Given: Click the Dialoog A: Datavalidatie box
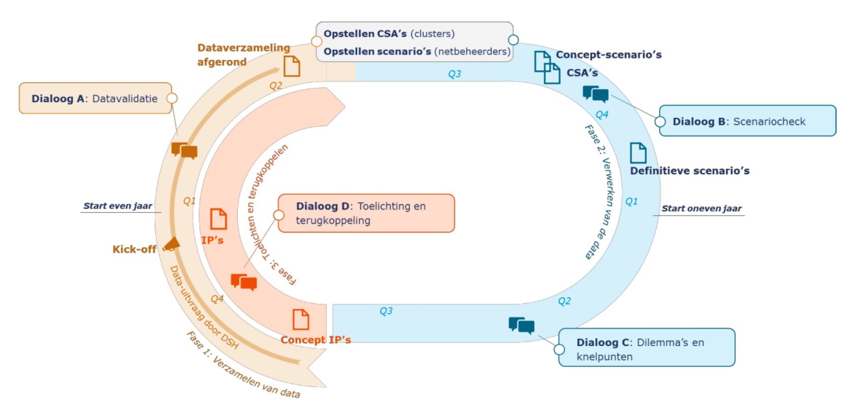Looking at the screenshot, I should (95, 98).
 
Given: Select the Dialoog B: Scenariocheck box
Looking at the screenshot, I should (747, 121).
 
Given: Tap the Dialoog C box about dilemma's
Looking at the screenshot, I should (646, 348).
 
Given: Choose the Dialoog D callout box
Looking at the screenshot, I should (365, 213).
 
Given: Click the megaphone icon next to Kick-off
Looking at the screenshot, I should (171, 245).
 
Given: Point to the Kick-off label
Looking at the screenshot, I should (134, 249).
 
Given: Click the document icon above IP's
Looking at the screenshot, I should (218, 219).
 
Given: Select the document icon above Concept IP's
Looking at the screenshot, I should (301, 320).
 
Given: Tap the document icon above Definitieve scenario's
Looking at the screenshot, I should (638, 153).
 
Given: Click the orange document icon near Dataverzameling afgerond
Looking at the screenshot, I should (292, 66).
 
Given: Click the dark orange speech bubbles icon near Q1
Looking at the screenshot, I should (184, 151).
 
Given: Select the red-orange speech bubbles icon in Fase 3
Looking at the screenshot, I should (244, 282).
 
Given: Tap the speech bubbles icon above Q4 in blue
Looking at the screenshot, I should (595, 94).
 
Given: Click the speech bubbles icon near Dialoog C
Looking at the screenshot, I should (522, 325).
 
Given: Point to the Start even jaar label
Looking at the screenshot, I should (118, 206).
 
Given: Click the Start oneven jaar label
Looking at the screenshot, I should (701, 208).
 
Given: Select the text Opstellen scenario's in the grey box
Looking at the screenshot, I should (377, 51).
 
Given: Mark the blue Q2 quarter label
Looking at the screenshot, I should (564, 301).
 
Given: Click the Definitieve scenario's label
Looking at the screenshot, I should (690, 171).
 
